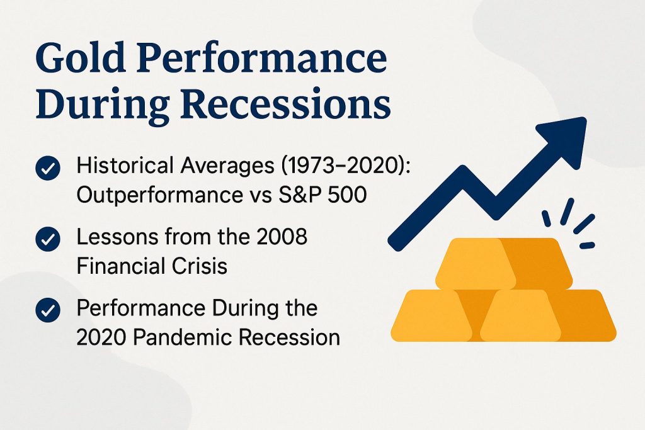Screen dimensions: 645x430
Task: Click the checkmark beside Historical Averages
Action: point(48,167)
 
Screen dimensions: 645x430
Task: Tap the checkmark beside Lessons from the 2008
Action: point(48,239)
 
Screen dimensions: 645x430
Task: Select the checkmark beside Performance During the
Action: point(48,310)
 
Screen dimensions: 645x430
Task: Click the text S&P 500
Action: point(322,195)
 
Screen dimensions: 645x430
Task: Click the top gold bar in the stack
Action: point(503,264)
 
